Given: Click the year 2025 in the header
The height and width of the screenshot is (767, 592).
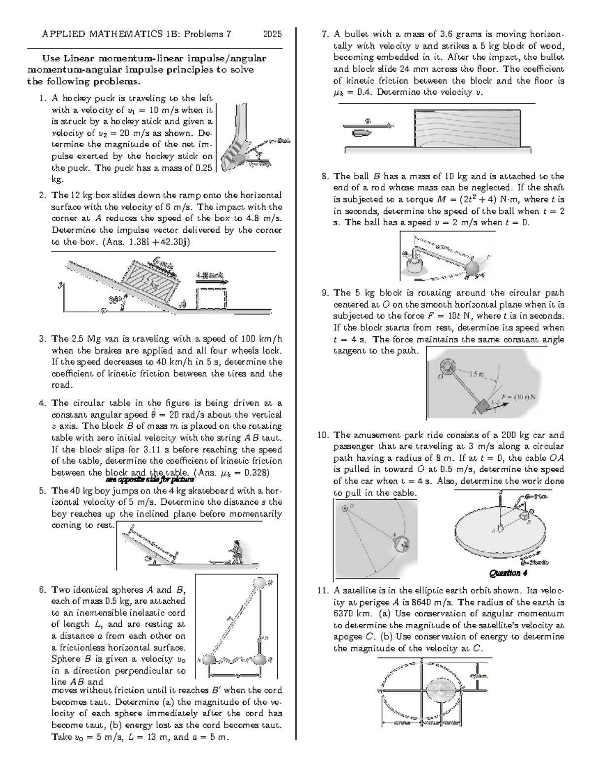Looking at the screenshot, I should [x=272, y=34].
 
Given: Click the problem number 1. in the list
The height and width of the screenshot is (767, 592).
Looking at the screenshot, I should [x=42, y=98].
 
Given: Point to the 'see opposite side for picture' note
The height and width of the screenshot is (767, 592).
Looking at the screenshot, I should [x=150, y=479].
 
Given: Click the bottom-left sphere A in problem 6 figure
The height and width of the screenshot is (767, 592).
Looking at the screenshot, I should [x=209, y=659].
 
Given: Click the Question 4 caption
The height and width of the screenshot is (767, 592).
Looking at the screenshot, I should [x=505, y=573].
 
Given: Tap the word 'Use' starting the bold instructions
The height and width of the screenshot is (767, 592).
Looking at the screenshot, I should [x=50, y=58].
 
